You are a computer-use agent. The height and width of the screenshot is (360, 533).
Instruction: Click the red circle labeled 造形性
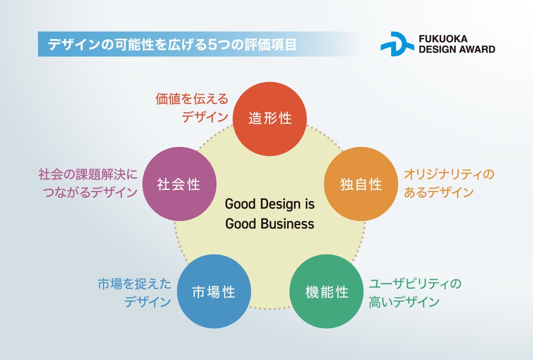click(269, 119)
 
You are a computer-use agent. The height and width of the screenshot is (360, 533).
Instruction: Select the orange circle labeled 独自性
click(361, 184)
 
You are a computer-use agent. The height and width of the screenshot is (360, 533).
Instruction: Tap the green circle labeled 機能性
click(326, 291)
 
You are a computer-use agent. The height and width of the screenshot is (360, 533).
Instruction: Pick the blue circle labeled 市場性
click(214, 291)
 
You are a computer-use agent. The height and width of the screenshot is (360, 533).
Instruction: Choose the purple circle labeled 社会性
click(180, 184)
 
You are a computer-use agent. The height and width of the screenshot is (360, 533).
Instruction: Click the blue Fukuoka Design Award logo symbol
click(397, 44)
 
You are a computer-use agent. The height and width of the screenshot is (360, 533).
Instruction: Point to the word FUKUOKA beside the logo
click(443, 39)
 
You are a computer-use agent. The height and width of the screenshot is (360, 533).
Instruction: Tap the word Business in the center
click(287, 224)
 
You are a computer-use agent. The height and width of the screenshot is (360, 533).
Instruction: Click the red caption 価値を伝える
click(192, 99)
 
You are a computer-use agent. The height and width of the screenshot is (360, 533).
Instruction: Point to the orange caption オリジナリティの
click(449, 174)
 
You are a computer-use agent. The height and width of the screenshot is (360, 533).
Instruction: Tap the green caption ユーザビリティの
click(415, 284)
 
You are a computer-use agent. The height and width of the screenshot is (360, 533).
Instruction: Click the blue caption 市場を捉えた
click(134, 284)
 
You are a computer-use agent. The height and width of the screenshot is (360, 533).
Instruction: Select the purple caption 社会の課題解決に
click(88, 174)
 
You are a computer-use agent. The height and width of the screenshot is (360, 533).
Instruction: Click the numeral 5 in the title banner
click(211, 44)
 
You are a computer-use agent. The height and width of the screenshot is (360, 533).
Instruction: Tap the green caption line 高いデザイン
click(404, 301)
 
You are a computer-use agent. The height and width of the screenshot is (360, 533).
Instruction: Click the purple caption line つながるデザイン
click(90, 192)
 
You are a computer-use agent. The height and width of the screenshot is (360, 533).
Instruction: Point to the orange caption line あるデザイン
click(439, 192)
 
